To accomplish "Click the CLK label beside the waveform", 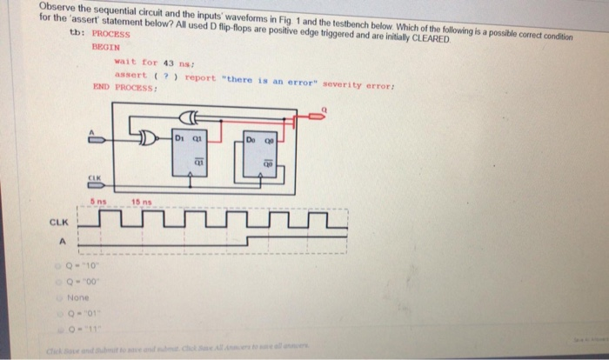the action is [57, 223].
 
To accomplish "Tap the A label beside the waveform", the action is [61, 243].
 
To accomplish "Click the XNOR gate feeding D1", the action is [148, 137].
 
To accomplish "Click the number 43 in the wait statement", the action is [158, 62].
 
